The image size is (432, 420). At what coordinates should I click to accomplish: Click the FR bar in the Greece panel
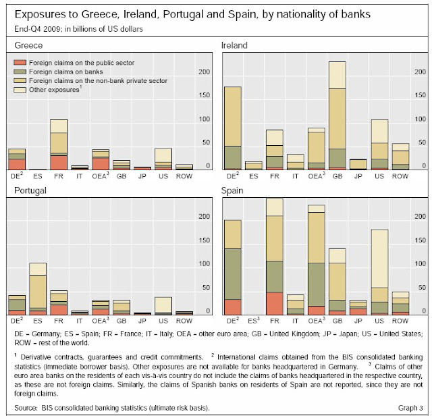click(x=59, y=144)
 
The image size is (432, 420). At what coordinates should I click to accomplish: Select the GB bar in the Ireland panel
click(x=337, y=115)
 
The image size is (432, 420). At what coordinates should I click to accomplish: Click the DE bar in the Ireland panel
click(x=233, y=128)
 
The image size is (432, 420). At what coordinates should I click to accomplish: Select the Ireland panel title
click(x=236, y=45)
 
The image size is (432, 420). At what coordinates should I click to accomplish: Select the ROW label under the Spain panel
click(x=400, y=321)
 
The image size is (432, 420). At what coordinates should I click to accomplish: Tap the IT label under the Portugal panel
click(x=79, y=321)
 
